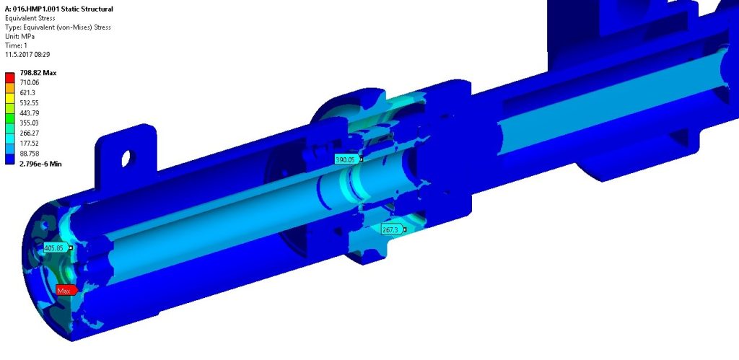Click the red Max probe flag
(x=66, y=290)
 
